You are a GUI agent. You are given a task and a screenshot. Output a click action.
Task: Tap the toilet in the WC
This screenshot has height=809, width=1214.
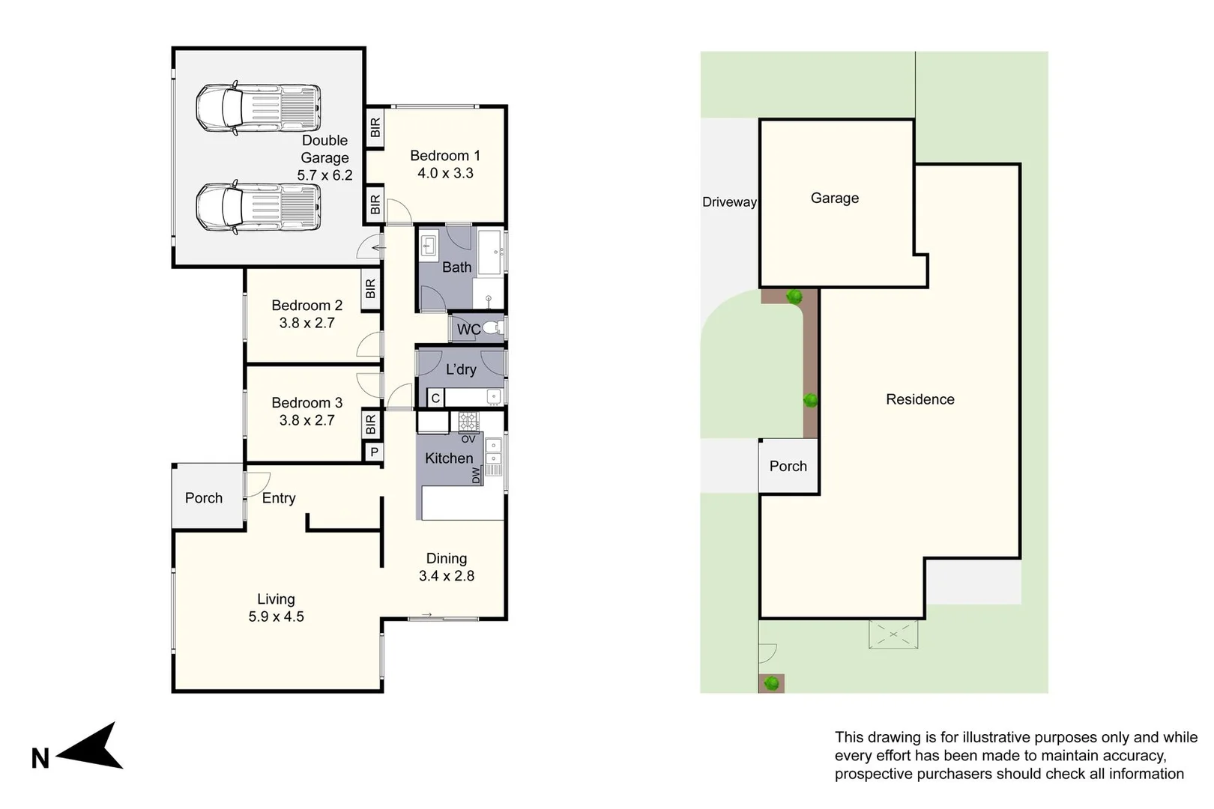[492, 328]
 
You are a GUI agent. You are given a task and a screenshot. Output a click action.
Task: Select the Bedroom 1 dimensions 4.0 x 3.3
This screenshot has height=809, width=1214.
[445, 173]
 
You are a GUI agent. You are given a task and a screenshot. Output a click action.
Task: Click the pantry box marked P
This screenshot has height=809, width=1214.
[374, 452]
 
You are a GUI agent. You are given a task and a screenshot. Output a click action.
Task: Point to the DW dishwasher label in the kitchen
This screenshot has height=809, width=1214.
[476, 475]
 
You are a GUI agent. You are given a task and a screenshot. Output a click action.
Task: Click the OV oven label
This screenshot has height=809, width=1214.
[468, 439]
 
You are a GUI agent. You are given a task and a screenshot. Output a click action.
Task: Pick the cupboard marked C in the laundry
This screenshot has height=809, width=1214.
[435, 399]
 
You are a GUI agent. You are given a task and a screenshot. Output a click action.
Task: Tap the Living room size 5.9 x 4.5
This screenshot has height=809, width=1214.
[276, 616]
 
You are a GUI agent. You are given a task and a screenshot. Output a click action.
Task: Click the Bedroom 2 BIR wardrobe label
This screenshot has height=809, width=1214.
[371, 288]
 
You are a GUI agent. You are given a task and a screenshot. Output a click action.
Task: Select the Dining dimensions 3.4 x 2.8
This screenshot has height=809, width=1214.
[446, 575]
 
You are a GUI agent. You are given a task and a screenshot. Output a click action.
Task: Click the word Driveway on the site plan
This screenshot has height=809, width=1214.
[729, 202]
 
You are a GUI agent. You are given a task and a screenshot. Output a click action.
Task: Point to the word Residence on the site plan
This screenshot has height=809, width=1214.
[919, 399]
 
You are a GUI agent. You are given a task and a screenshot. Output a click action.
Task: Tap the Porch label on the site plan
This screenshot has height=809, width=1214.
[788, 466]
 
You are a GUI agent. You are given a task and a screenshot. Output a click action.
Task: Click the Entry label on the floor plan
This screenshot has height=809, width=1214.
[279, 498]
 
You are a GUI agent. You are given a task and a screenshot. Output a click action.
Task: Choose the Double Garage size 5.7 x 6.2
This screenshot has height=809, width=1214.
[324, 175]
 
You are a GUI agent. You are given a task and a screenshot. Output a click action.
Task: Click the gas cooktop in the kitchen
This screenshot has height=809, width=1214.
[468, 421]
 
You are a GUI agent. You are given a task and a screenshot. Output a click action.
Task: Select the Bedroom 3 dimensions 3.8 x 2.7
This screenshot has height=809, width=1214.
[306, 420]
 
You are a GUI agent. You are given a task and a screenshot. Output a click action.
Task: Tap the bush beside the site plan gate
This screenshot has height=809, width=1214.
[771, 683]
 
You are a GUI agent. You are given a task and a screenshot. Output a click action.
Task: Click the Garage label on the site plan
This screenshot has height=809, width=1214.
[835, 199]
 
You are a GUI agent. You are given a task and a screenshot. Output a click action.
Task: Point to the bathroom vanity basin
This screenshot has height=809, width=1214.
[429, 246]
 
